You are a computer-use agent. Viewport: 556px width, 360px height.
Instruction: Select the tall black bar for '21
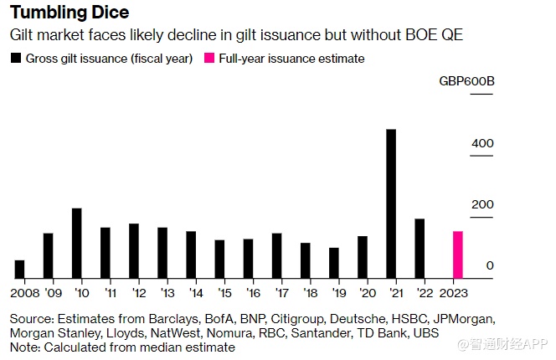(391, 203)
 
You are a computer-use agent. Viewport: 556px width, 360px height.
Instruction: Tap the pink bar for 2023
(457, 255)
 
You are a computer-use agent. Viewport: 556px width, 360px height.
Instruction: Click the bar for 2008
(19, 269)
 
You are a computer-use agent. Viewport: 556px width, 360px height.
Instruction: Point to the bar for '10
(76, 243)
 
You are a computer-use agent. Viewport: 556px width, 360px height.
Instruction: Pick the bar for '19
(334, 263)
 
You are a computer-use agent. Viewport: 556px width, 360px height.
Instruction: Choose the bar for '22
(420, 249)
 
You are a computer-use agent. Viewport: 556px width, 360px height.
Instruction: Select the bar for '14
(191, 255)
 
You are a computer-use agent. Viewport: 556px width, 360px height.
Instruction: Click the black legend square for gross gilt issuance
(15, 59)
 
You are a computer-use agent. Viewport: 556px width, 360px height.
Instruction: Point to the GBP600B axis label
(466, 82)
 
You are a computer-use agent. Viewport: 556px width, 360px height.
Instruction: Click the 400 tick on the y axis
(482, 144)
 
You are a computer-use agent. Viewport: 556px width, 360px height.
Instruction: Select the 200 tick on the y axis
(482, 205)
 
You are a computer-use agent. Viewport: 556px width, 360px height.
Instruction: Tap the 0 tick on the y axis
(490, 266)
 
